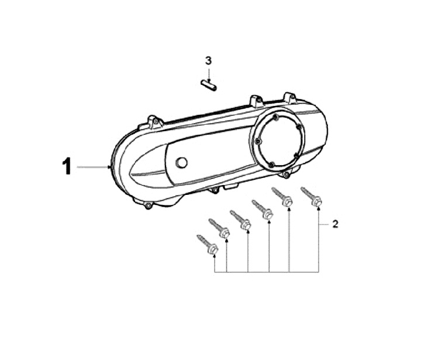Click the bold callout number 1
[x=67, y=166]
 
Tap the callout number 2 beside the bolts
[x=335, y=224]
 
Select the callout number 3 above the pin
[x=208, y=61]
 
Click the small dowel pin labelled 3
[x=209, y=85]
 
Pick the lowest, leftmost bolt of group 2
[x=208, y=244]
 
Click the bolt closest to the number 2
[x=312, y=197]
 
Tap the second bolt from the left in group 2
[x=219, y=228]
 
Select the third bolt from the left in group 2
[x=240, y=220]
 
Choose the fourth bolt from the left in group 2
[x=263, y=209]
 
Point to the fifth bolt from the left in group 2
[x=282, y=197]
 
